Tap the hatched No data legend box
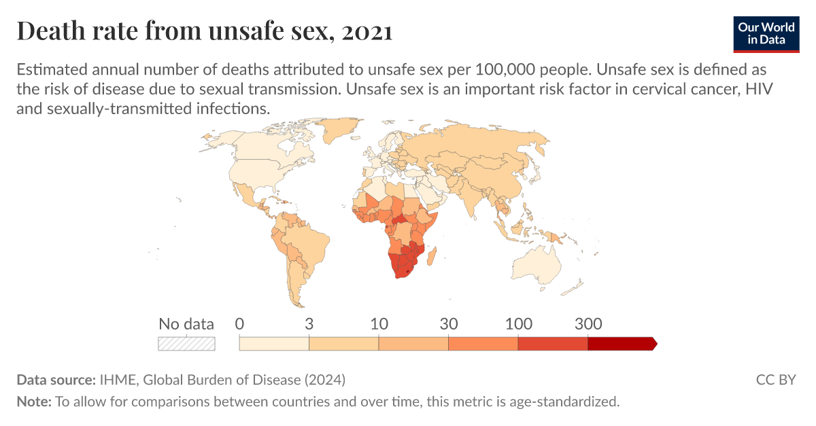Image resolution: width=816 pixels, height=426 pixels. (186, 344)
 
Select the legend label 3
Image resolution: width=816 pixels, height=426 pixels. (309, 324)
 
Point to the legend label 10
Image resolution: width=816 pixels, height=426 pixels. (379, 324)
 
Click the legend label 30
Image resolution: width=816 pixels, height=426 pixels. (448, 324)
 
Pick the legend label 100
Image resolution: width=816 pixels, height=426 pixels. (518, 324)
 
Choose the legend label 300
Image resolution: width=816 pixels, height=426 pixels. (588, 324)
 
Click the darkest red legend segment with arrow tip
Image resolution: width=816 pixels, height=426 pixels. (621, 344)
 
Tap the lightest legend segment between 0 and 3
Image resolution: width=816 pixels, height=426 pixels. (274, 344)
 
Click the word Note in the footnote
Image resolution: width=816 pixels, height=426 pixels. (33, 402)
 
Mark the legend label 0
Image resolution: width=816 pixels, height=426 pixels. (239, 324)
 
